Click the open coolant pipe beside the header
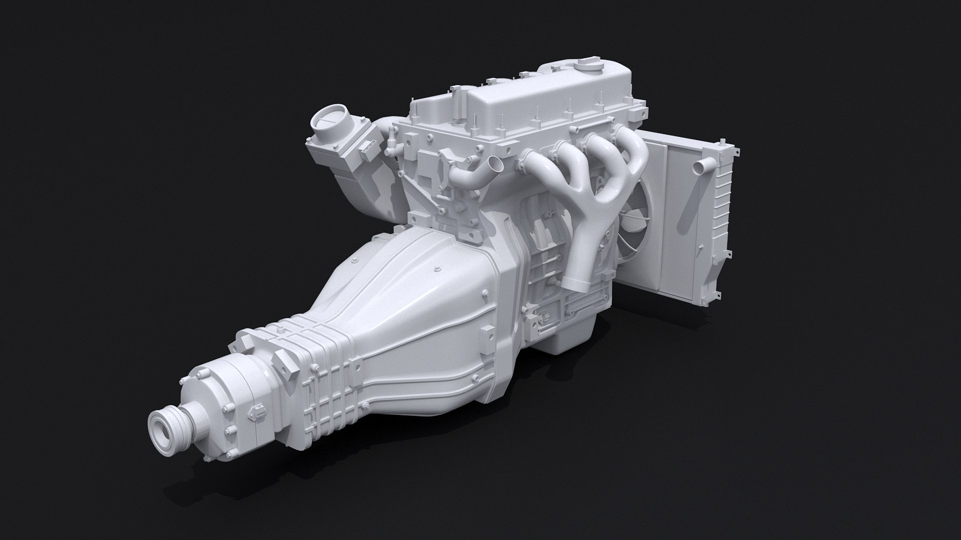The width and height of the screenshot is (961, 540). [496, 164]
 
